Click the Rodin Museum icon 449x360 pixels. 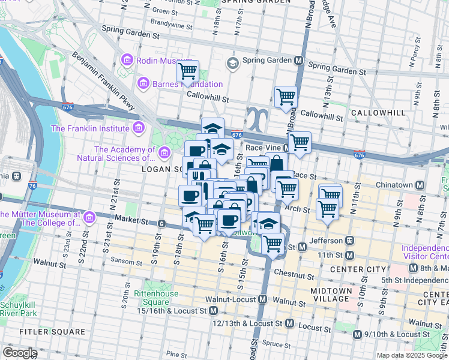pyautogui.click(x=127, y=60)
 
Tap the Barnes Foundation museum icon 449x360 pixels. pyautogui.click(x=143, y=83)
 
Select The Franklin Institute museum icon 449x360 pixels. pyautogui.click(x=139, y=128)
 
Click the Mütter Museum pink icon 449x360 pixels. pyautogui.click(x=90, y=216)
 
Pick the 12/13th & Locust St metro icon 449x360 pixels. pyautogui.click(x=289, y=323)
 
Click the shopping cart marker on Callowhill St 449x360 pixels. pyautogui.click(x=286, y=97)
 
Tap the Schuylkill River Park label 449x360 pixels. pyautogui.click(x=19, y=308)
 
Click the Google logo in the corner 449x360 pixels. pyautogui.click(x=20, y=353)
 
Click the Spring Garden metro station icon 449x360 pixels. pyautogui.click(x=298, y=61)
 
